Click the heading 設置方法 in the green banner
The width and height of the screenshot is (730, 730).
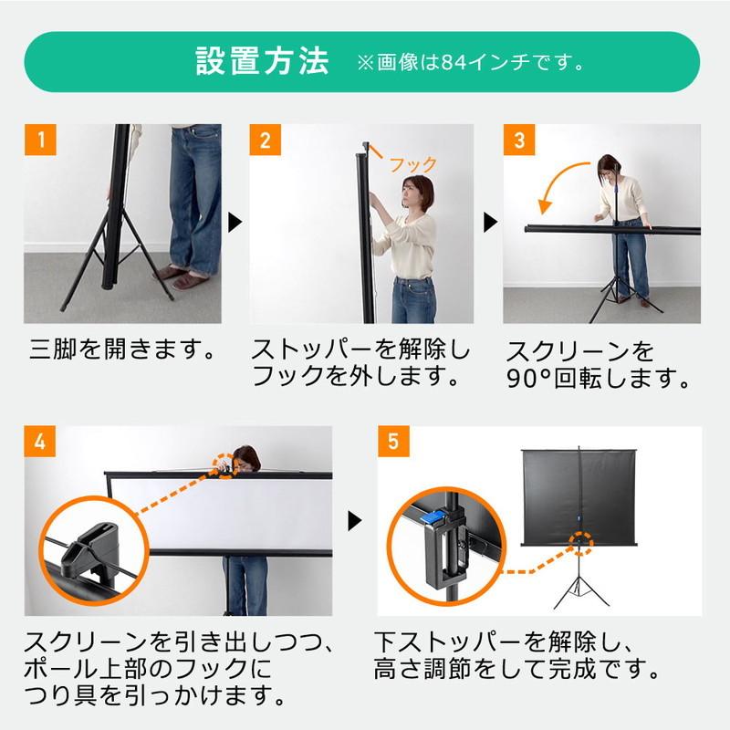click(262, 61)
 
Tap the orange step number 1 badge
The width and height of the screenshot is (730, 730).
click(40, 140)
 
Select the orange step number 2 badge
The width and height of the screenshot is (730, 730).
click(266, 140)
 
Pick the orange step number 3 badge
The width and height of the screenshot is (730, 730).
click(519, 140)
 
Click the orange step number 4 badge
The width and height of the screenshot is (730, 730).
click(40, 442)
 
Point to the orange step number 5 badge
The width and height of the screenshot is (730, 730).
click(393, 442)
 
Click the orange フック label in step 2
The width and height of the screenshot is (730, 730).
click(413, 164)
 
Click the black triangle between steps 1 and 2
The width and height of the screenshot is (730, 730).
click(235, 223)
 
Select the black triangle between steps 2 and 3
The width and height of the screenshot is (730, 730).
click(490, 223)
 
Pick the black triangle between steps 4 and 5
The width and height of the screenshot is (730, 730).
click(355, 521)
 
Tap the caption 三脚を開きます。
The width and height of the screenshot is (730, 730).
click(122, 349)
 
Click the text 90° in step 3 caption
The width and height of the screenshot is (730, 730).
click(529, 379)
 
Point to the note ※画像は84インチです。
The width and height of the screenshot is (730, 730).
click(470, 62)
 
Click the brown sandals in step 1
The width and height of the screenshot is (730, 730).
click(177, 277)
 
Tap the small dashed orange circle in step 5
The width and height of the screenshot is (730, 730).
click(580, 543)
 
